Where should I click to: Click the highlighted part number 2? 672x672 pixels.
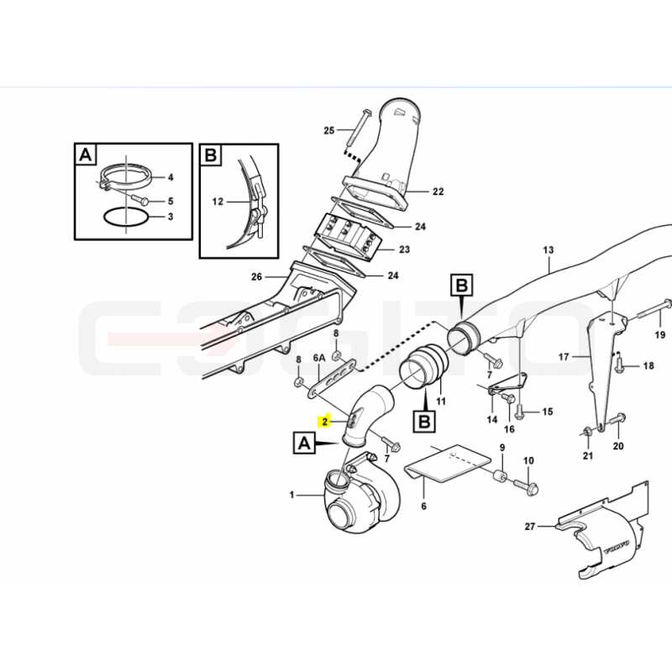(325, 422)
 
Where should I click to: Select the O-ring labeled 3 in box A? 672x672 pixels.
(126, 218)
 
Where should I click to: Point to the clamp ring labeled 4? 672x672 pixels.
(126, 178)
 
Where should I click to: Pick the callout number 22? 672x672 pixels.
(438, 192)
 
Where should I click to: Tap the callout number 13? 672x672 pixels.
(549, 249)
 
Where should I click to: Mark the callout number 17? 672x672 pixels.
(564, 356)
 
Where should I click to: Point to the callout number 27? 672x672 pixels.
(530, 526)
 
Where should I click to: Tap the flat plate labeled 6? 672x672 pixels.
(448, 465)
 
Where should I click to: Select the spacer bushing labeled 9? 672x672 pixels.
(501, 476)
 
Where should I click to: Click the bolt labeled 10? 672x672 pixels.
(526, 486)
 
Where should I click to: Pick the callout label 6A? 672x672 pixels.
(320, 358)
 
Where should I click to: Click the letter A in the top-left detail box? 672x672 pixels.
(86, 155)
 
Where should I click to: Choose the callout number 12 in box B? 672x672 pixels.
(218, 202)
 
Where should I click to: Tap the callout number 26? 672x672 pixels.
(256, 277)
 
